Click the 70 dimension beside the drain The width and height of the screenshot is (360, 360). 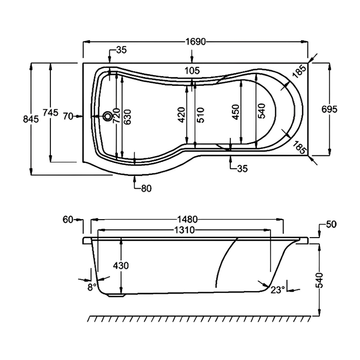pos(68,117)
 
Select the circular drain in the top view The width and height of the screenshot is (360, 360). pos(108,117)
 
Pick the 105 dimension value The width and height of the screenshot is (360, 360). pos(192,70)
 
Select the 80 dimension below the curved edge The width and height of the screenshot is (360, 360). pos(146,189)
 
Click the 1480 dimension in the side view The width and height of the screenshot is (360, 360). pos(188,220)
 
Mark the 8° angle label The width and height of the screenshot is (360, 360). pos(92,287)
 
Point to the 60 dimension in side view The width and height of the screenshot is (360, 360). pos(68,220)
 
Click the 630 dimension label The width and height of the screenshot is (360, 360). pos(128,117)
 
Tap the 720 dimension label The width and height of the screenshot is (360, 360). pos(116,117)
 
